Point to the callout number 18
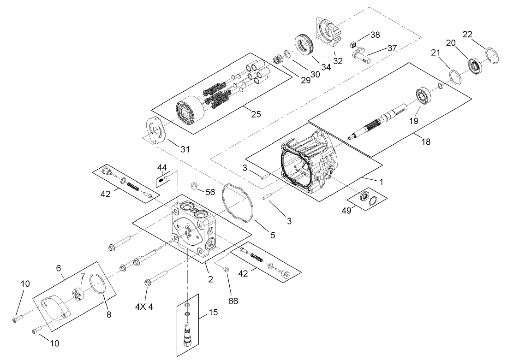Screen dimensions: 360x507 [x=425, y=142]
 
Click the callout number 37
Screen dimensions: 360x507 [x=392, y=48]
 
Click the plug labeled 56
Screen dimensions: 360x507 [x=194, y=187]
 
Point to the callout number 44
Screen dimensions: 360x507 [x=162, y=167]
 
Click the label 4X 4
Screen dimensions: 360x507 [x=144, y=307]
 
